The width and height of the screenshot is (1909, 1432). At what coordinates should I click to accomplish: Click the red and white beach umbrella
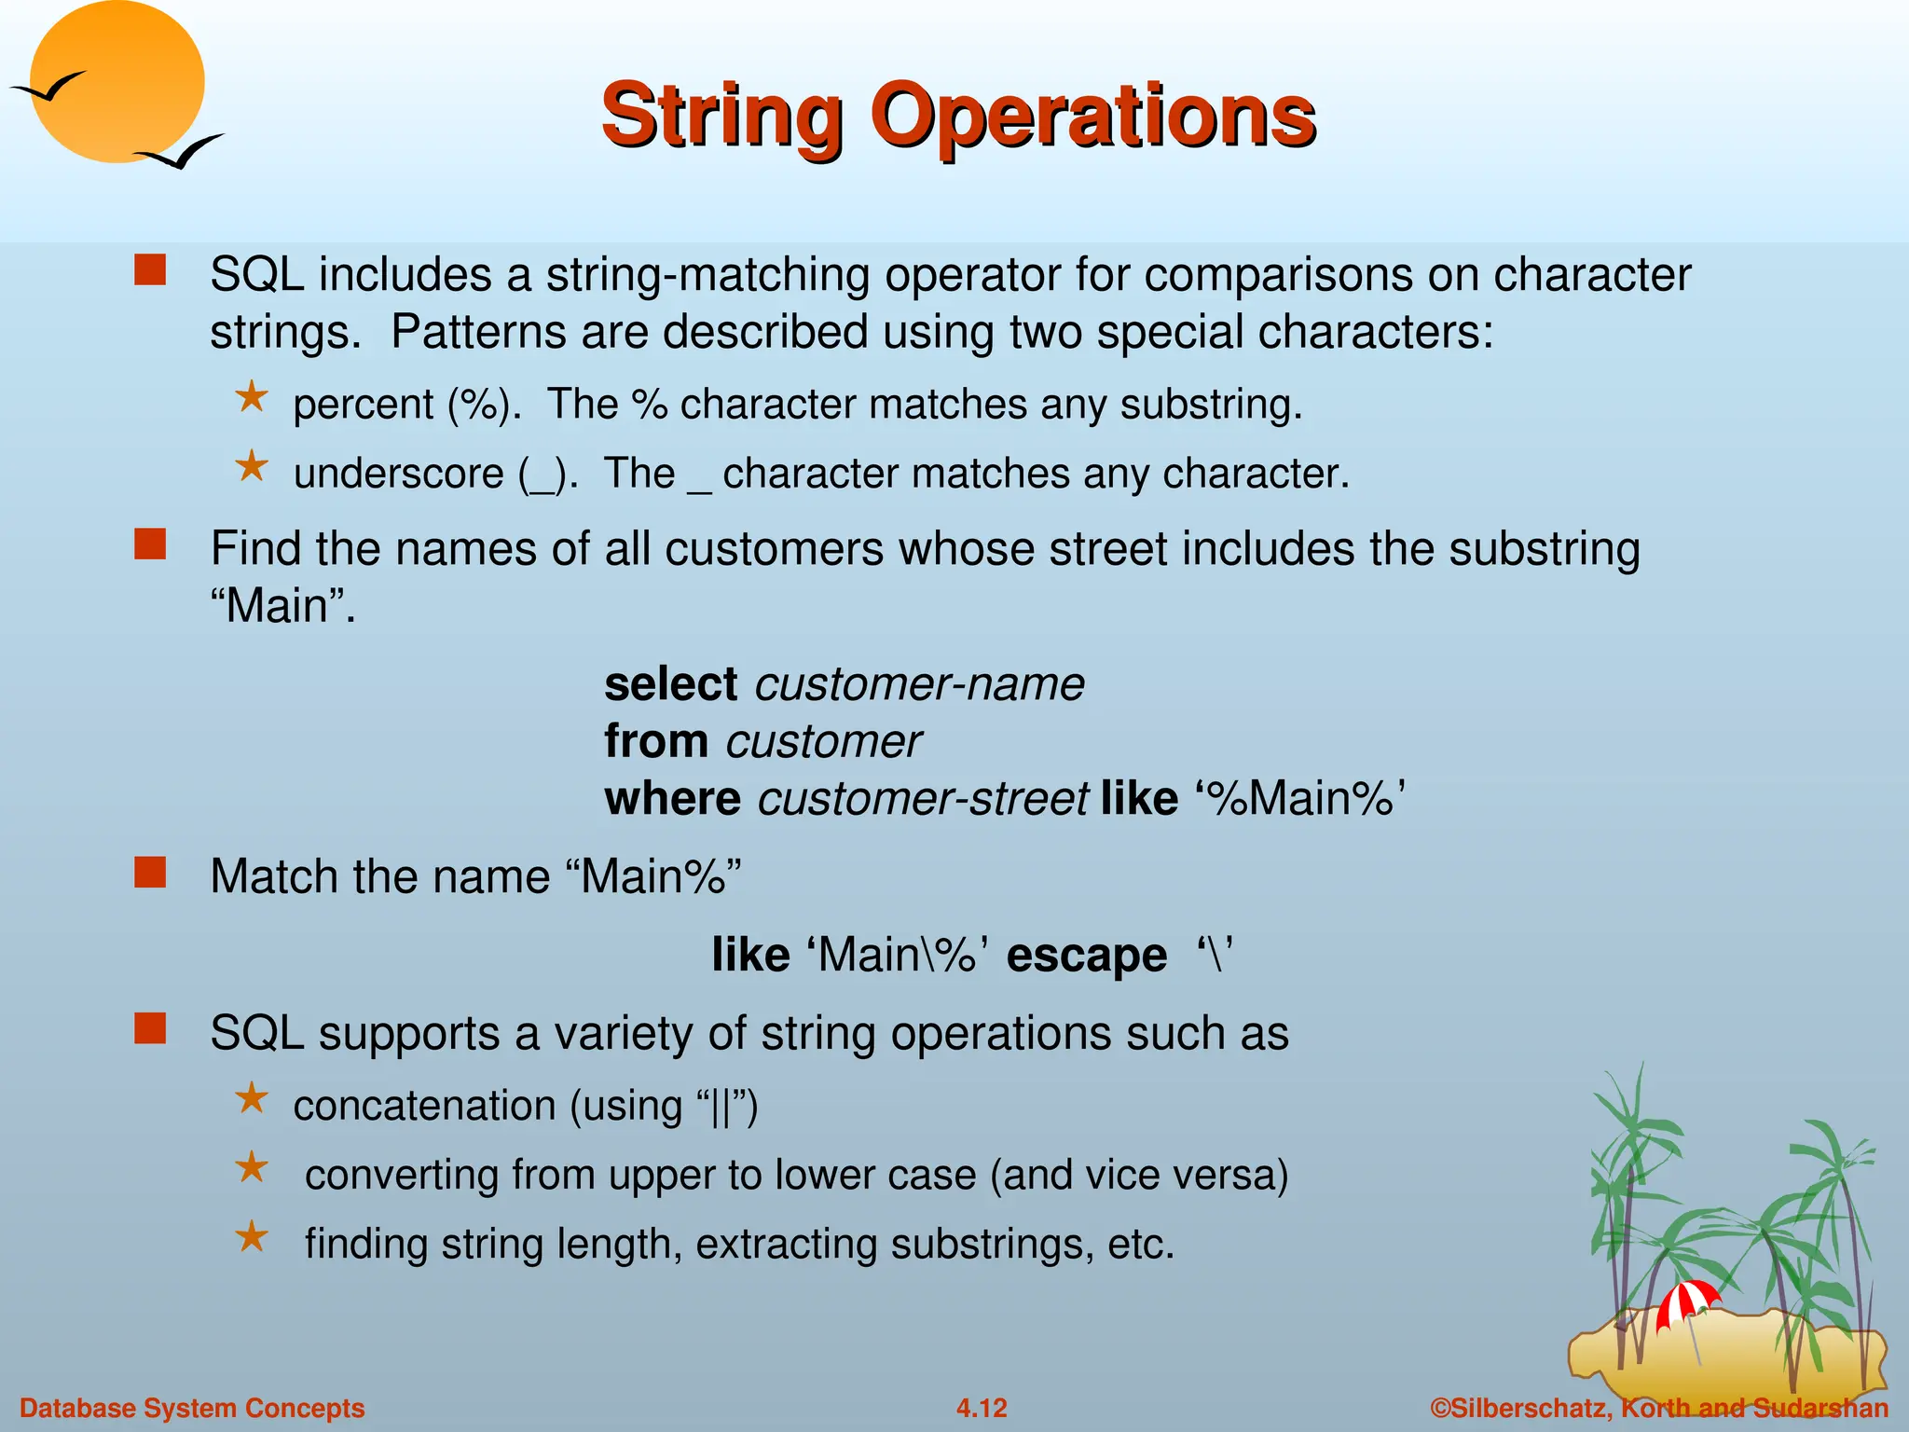coord(1686,1301)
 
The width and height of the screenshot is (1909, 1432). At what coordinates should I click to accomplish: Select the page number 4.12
coord(982,1408)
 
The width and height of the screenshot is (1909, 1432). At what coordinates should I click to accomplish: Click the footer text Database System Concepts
coord(192,1408)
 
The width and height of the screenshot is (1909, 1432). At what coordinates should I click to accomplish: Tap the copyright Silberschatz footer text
coord(1659,1408)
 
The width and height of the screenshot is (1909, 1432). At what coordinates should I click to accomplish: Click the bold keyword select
coord(671,684)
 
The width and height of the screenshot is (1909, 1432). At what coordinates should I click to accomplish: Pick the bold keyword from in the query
coord(656,742)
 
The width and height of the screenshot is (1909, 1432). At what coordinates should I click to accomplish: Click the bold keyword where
coord(672,800)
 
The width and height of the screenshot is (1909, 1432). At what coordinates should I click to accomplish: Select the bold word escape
coord(1086,956)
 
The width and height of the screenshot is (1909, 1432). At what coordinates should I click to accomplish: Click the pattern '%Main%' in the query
coord(1300,800)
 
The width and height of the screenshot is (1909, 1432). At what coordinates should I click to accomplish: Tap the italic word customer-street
coord(923,800)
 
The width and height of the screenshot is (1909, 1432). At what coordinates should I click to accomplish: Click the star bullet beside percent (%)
coord(252,398)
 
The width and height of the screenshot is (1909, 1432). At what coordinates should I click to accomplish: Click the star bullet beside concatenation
coord(252,1099)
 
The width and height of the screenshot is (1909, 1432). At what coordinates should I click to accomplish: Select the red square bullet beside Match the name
coord(150,874)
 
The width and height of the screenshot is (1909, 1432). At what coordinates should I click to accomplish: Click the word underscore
coord(399,474)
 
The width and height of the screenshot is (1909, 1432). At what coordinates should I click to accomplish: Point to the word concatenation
coord(424,1106)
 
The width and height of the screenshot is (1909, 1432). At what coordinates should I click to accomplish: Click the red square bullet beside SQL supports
coord(150,1029)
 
